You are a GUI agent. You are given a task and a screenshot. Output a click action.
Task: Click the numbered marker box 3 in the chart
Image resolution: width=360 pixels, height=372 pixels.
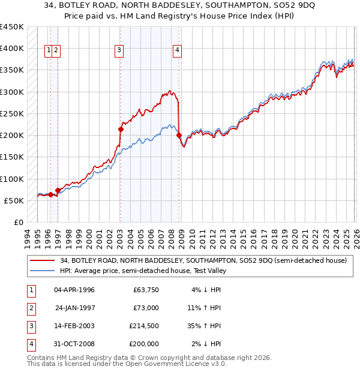pos(119,50)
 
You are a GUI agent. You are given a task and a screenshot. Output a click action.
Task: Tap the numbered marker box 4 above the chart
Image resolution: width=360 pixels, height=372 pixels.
pos(178,50)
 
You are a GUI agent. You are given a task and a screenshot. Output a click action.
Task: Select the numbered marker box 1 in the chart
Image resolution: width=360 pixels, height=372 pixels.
pos(48,50)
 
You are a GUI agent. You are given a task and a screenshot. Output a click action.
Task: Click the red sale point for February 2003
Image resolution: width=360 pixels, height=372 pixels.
pos(121,129)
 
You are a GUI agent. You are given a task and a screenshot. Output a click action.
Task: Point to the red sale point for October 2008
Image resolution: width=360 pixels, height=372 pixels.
pos(179,135)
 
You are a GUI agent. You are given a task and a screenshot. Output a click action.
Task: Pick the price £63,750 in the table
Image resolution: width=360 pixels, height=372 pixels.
pos(145,289)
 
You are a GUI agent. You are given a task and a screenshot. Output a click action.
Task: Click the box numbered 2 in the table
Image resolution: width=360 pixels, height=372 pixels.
pos(29,307)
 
